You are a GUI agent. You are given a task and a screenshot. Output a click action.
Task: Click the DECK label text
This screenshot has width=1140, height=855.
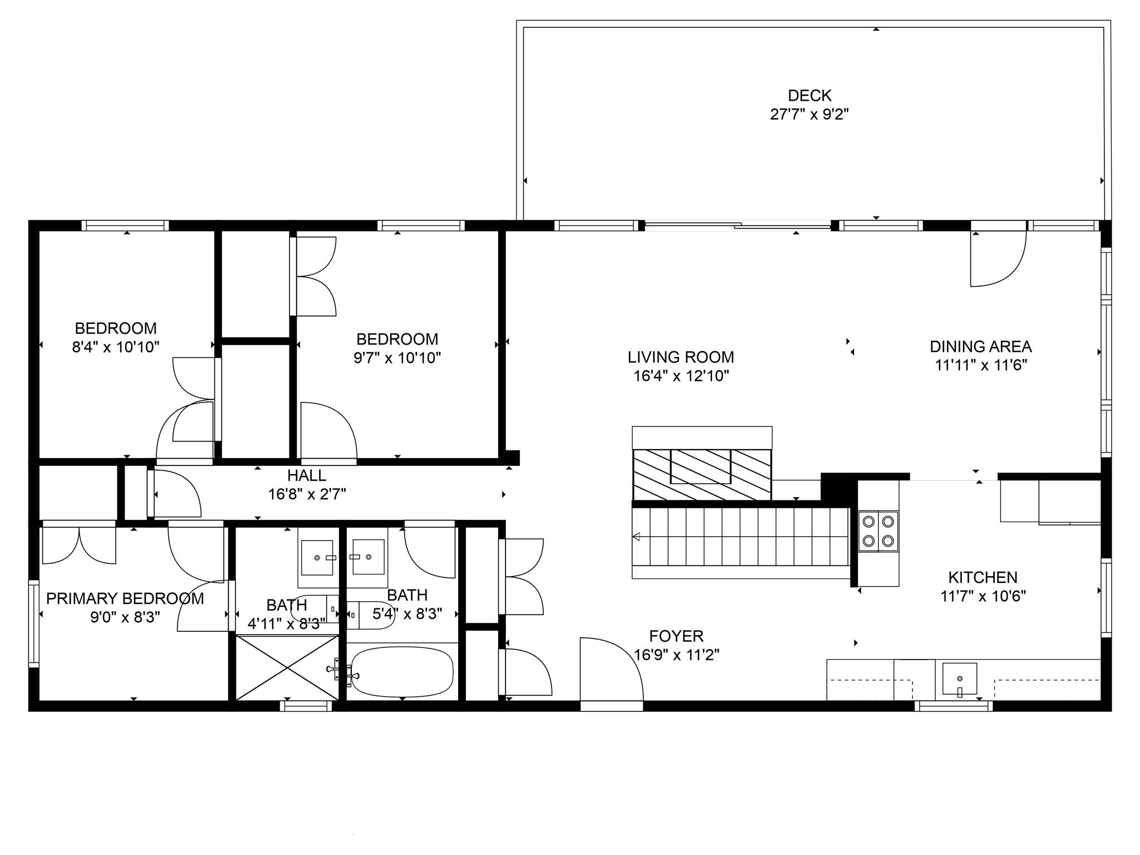click(x=809, y=96)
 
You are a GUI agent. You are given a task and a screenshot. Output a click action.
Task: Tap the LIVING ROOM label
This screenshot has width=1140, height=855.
click(x=681, y=357)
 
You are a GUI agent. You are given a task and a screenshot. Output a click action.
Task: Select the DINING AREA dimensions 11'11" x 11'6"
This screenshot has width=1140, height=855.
click(x=981, y=365)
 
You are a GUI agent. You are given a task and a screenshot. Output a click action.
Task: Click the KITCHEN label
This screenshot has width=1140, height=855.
click(x=982, y=577)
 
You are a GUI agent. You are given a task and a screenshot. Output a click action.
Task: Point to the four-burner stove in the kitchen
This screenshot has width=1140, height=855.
click(x=878, y=531)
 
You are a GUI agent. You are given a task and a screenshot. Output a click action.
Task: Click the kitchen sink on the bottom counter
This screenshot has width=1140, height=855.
click(x=959, y=679)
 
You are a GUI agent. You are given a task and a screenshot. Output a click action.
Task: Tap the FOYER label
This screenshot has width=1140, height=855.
click(x=676, y=636)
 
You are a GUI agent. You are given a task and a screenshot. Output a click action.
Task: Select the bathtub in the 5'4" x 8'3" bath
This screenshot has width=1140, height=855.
click(x=402, y=672)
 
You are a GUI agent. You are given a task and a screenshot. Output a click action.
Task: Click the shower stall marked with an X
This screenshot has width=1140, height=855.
click(x=287, y=667)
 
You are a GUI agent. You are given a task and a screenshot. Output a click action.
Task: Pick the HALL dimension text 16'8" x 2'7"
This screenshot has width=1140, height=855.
click(x=307, y=494)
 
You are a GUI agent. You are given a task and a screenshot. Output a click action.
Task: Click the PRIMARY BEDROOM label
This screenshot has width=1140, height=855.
click(x=125, y=598)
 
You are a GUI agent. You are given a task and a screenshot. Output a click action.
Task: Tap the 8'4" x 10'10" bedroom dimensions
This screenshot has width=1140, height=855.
click(x=116, y=347)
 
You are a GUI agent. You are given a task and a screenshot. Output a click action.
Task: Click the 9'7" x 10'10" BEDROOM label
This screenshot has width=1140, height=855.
click(x=397, y=339)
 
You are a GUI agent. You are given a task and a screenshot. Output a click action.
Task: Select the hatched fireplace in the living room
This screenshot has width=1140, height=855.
click(x=701, y=474)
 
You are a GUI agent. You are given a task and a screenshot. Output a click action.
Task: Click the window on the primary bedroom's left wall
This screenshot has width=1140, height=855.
click(x=34, y=623)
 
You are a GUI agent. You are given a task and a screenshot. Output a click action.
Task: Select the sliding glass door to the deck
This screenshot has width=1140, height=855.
click(x=738, y=226)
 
